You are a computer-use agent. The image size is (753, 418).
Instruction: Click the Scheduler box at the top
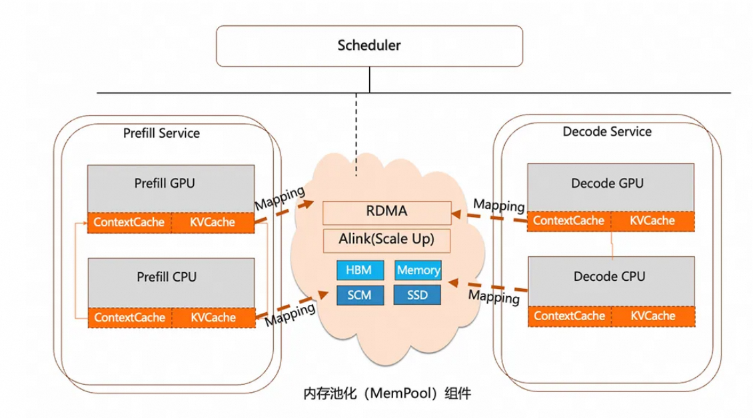369,46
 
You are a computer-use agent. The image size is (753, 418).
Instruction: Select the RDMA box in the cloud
386,212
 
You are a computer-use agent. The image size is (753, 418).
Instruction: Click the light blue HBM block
359,270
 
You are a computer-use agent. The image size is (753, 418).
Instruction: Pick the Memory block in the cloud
418,270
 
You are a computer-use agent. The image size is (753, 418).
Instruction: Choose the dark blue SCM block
359,294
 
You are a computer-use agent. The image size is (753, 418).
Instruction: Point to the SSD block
418,294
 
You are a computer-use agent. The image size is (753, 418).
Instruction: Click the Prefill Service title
161,133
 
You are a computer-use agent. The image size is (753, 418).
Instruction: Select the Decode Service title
606,132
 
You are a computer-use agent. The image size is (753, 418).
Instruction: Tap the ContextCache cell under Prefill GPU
129,222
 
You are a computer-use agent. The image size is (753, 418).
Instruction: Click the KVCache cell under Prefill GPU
213,222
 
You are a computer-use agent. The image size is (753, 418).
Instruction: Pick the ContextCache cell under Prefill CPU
129,317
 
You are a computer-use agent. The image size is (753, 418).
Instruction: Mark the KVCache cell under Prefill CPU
213,317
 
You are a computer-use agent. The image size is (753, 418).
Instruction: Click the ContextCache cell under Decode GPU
568,221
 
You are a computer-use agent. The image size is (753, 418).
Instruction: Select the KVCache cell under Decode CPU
652,316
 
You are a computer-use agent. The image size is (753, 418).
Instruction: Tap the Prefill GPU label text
165,183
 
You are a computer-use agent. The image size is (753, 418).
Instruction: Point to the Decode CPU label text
609,276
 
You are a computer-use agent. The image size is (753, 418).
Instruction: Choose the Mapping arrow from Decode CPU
488,287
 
